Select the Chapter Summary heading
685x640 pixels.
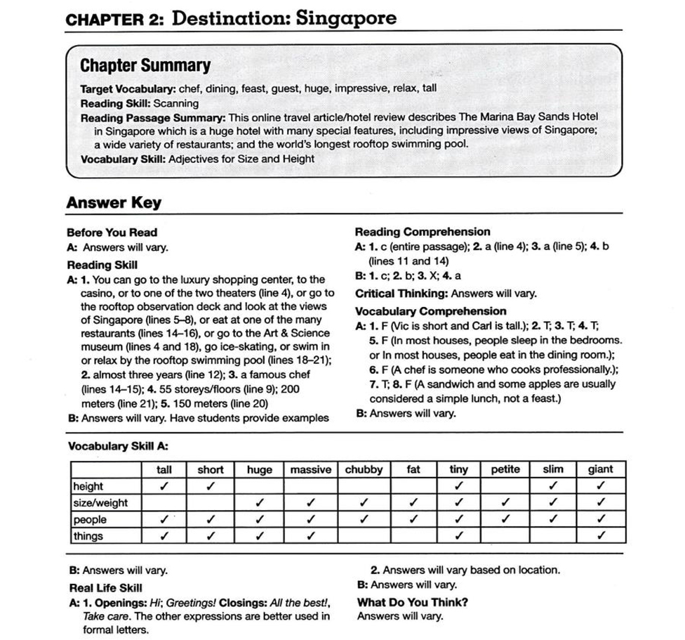click(145, 66)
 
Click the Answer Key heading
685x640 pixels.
click(114, 203)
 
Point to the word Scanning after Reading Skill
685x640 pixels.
click(176, 103)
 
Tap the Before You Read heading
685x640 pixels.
click(112, 233)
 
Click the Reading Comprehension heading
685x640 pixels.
click(423, 232)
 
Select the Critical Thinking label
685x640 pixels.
click(401, 294)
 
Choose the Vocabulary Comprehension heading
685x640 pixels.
click(430, 311)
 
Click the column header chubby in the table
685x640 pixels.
click(364, 470)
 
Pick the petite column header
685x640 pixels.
click(505, 470)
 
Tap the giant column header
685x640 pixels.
click(601, 470)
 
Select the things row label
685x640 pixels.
click(88, 536)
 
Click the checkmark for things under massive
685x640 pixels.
click(310, 536)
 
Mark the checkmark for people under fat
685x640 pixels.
click(413, 520)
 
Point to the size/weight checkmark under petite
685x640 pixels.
click(505, 503)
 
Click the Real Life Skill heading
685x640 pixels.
click(105, 588)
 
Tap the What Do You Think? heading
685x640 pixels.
click(413, 602)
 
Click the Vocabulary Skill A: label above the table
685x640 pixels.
click(117, 447)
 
